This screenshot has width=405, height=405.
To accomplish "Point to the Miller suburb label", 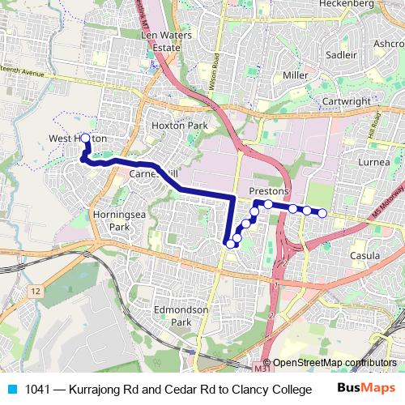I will coord(296,75).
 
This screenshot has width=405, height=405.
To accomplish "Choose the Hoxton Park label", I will coord(180,126).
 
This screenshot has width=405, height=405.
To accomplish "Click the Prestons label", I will coord(269,190).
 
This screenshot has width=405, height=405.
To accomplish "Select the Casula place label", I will coord(364,256).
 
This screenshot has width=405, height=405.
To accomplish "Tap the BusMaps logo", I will coord(361,388).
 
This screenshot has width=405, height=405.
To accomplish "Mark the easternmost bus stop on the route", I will coord(322,213).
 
